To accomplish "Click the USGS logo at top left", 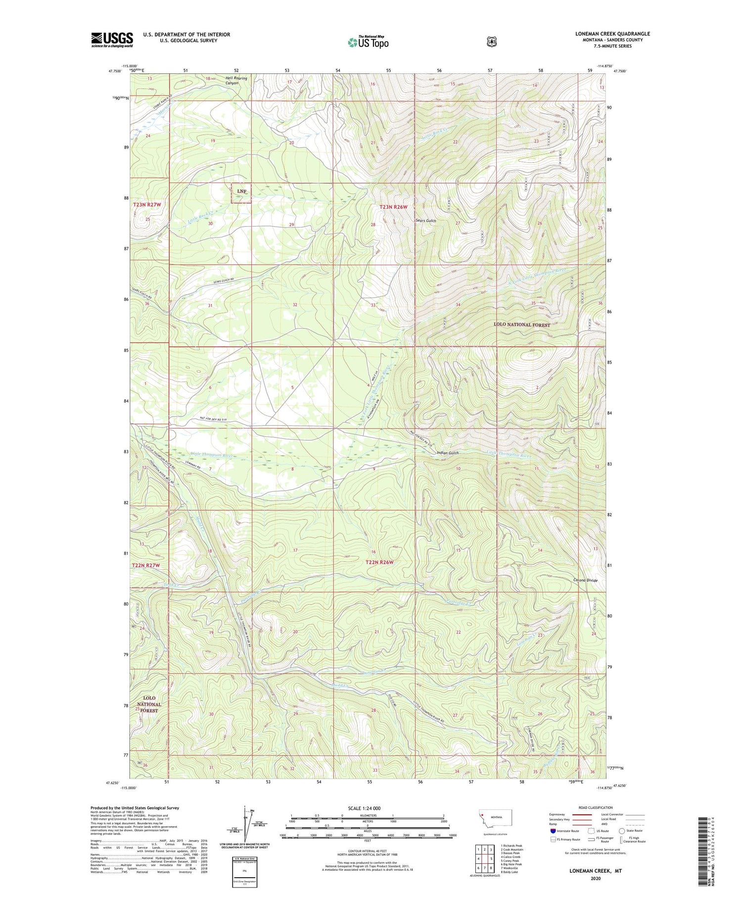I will (x=112, y=40).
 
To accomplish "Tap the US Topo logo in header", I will (x=368, y=42).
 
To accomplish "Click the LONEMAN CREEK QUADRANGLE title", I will (x=612, y=34).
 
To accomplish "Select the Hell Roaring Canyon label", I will (x=236, y=81).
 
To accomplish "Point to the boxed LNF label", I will (x=241, y=192).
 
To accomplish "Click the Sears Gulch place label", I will (x=425, y=221).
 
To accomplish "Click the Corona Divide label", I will (x=585, y=580).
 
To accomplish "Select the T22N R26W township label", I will (x=379, y=562).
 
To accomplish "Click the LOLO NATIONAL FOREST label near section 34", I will (x=522, y=325).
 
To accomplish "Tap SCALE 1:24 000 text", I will (x=364, y=808).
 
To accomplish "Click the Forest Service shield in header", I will (x=491, y=42).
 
